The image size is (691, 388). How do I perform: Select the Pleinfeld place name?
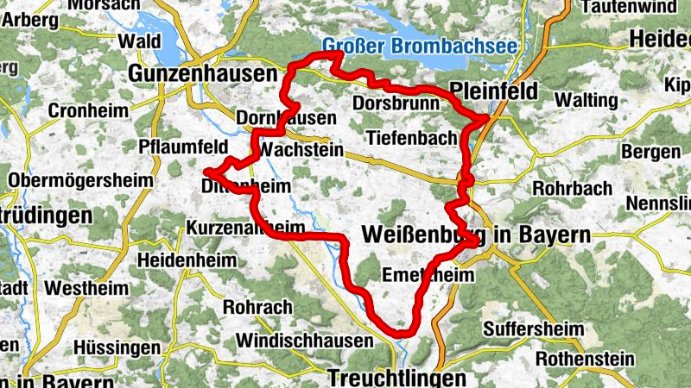[494, 91]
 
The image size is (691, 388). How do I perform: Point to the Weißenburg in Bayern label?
[476, 235]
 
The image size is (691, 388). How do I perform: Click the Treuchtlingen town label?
[396, 377]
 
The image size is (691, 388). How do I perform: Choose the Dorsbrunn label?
[396, 103]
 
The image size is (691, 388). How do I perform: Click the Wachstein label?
[301, 151]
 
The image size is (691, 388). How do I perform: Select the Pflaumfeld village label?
[182, 145]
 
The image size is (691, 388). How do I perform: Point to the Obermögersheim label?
[80, 180]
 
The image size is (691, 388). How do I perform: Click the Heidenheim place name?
[186, 259]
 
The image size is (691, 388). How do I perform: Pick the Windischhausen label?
[297, 341]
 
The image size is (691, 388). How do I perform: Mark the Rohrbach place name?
[574, 188]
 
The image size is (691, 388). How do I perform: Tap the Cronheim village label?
[88, 111]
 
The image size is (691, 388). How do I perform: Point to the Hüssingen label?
[117, 348]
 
